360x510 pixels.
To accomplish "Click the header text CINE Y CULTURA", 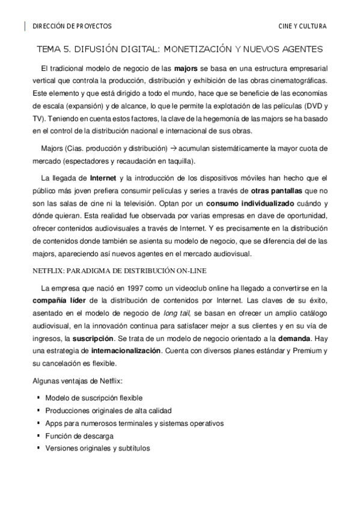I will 302,26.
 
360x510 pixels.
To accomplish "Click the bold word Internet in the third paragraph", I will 103,179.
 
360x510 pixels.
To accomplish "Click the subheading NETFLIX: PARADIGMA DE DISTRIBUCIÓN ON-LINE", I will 117,271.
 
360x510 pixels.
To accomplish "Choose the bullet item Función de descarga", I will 79,435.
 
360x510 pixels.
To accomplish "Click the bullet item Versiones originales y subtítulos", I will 97,448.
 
